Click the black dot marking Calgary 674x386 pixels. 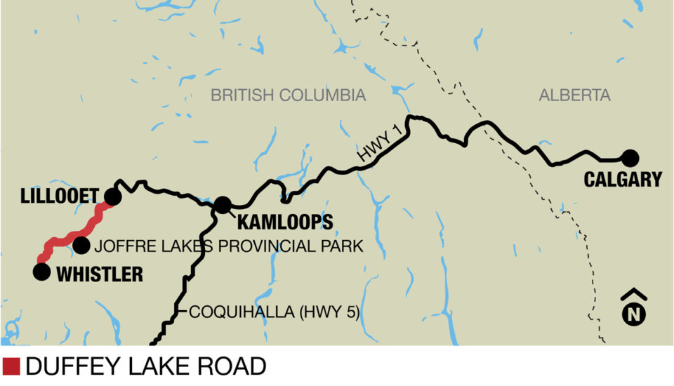(x=629, y=158)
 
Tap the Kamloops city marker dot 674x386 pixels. (x=223, y=205)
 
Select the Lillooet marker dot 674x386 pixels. (x=112, y=197)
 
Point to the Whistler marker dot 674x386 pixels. (x=42, y=272)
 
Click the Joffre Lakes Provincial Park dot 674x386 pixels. (x=81, y=245)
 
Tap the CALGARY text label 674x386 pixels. (x=623, y=180)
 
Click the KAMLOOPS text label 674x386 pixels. (x=285, y=223)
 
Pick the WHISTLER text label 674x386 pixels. (x=99, y=274)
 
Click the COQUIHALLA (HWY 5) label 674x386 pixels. (x=275, y=312)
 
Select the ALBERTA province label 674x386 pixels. (x=575, y=95)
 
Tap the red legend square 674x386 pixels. (x=11, y=366)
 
